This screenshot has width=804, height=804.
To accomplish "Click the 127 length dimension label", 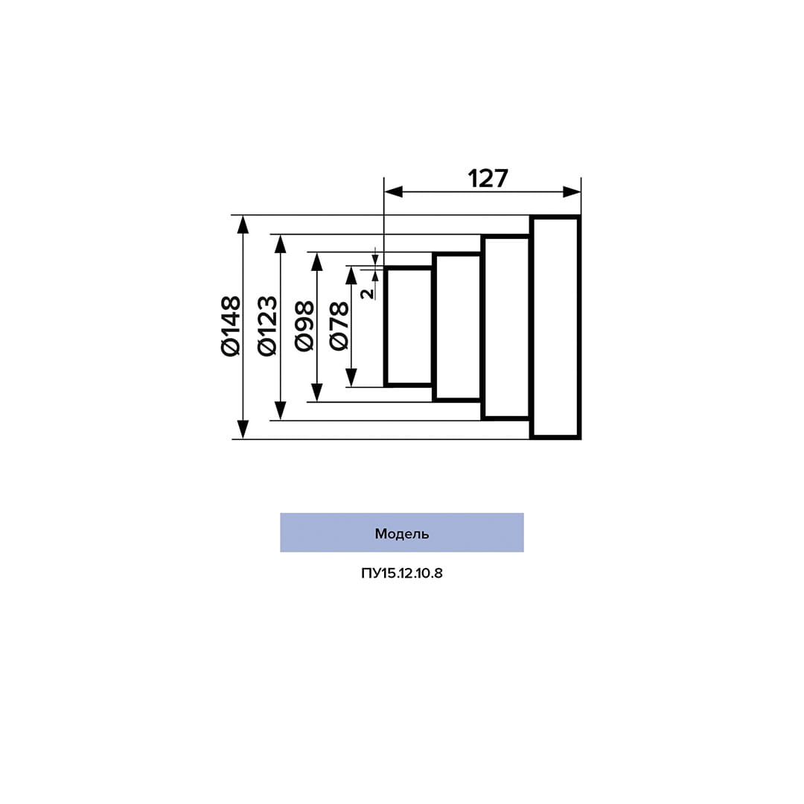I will click(488, 179).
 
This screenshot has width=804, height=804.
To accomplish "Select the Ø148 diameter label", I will click(231, 326).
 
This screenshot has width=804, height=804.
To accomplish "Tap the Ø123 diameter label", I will click(267, 326).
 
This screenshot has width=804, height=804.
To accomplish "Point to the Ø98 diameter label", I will click(304, 326).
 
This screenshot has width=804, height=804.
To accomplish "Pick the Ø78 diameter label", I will click(339, 326).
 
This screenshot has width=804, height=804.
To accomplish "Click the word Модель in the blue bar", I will click(401, 534).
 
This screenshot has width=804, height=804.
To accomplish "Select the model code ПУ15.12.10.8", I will click(401, 574).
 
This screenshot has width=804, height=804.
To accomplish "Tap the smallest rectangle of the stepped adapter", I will click(409, 326).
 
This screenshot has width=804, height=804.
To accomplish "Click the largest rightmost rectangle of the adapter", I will click(555, 327).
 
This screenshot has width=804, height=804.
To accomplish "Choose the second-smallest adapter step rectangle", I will click(457, 327).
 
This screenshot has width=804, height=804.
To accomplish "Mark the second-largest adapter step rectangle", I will click(506, 327).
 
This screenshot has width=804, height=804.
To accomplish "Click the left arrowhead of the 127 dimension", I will click(392, 192).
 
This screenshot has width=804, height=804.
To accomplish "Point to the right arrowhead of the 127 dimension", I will click(572, 192).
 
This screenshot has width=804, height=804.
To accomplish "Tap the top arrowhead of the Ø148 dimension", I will click(243, 225).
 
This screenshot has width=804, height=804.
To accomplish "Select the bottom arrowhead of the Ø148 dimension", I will click(243, 430).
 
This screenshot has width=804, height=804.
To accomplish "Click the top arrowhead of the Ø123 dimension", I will click(280, 243).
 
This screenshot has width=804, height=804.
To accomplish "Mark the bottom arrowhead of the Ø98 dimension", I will click(317, 393).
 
